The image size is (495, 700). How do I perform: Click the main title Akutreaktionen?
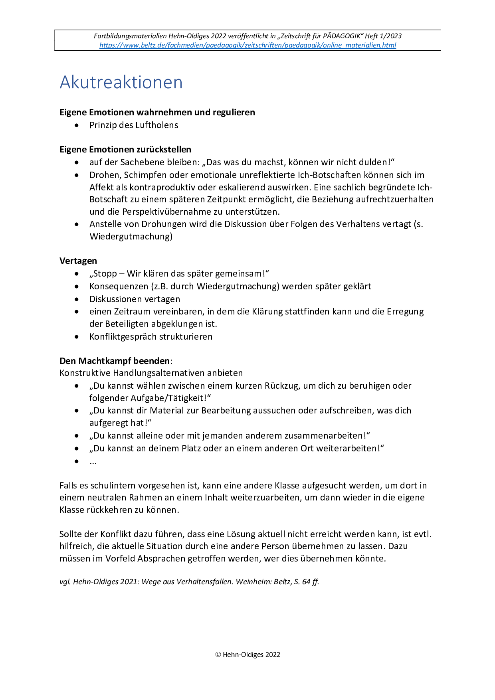click(121, 82)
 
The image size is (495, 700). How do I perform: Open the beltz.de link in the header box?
click(247, 45)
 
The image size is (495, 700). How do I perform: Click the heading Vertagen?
click(78, 261)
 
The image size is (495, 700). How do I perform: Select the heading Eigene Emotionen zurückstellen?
click(125, 150)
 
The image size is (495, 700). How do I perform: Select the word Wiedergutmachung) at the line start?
click(131, 237)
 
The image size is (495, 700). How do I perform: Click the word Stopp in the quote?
click(105, 274)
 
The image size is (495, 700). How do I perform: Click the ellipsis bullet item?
click(93, 462)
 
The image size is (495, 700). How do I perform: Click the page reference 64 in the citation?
click(306, 582)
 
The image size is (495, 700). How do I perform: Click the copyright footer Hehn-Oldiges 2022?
click(248, 655)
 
